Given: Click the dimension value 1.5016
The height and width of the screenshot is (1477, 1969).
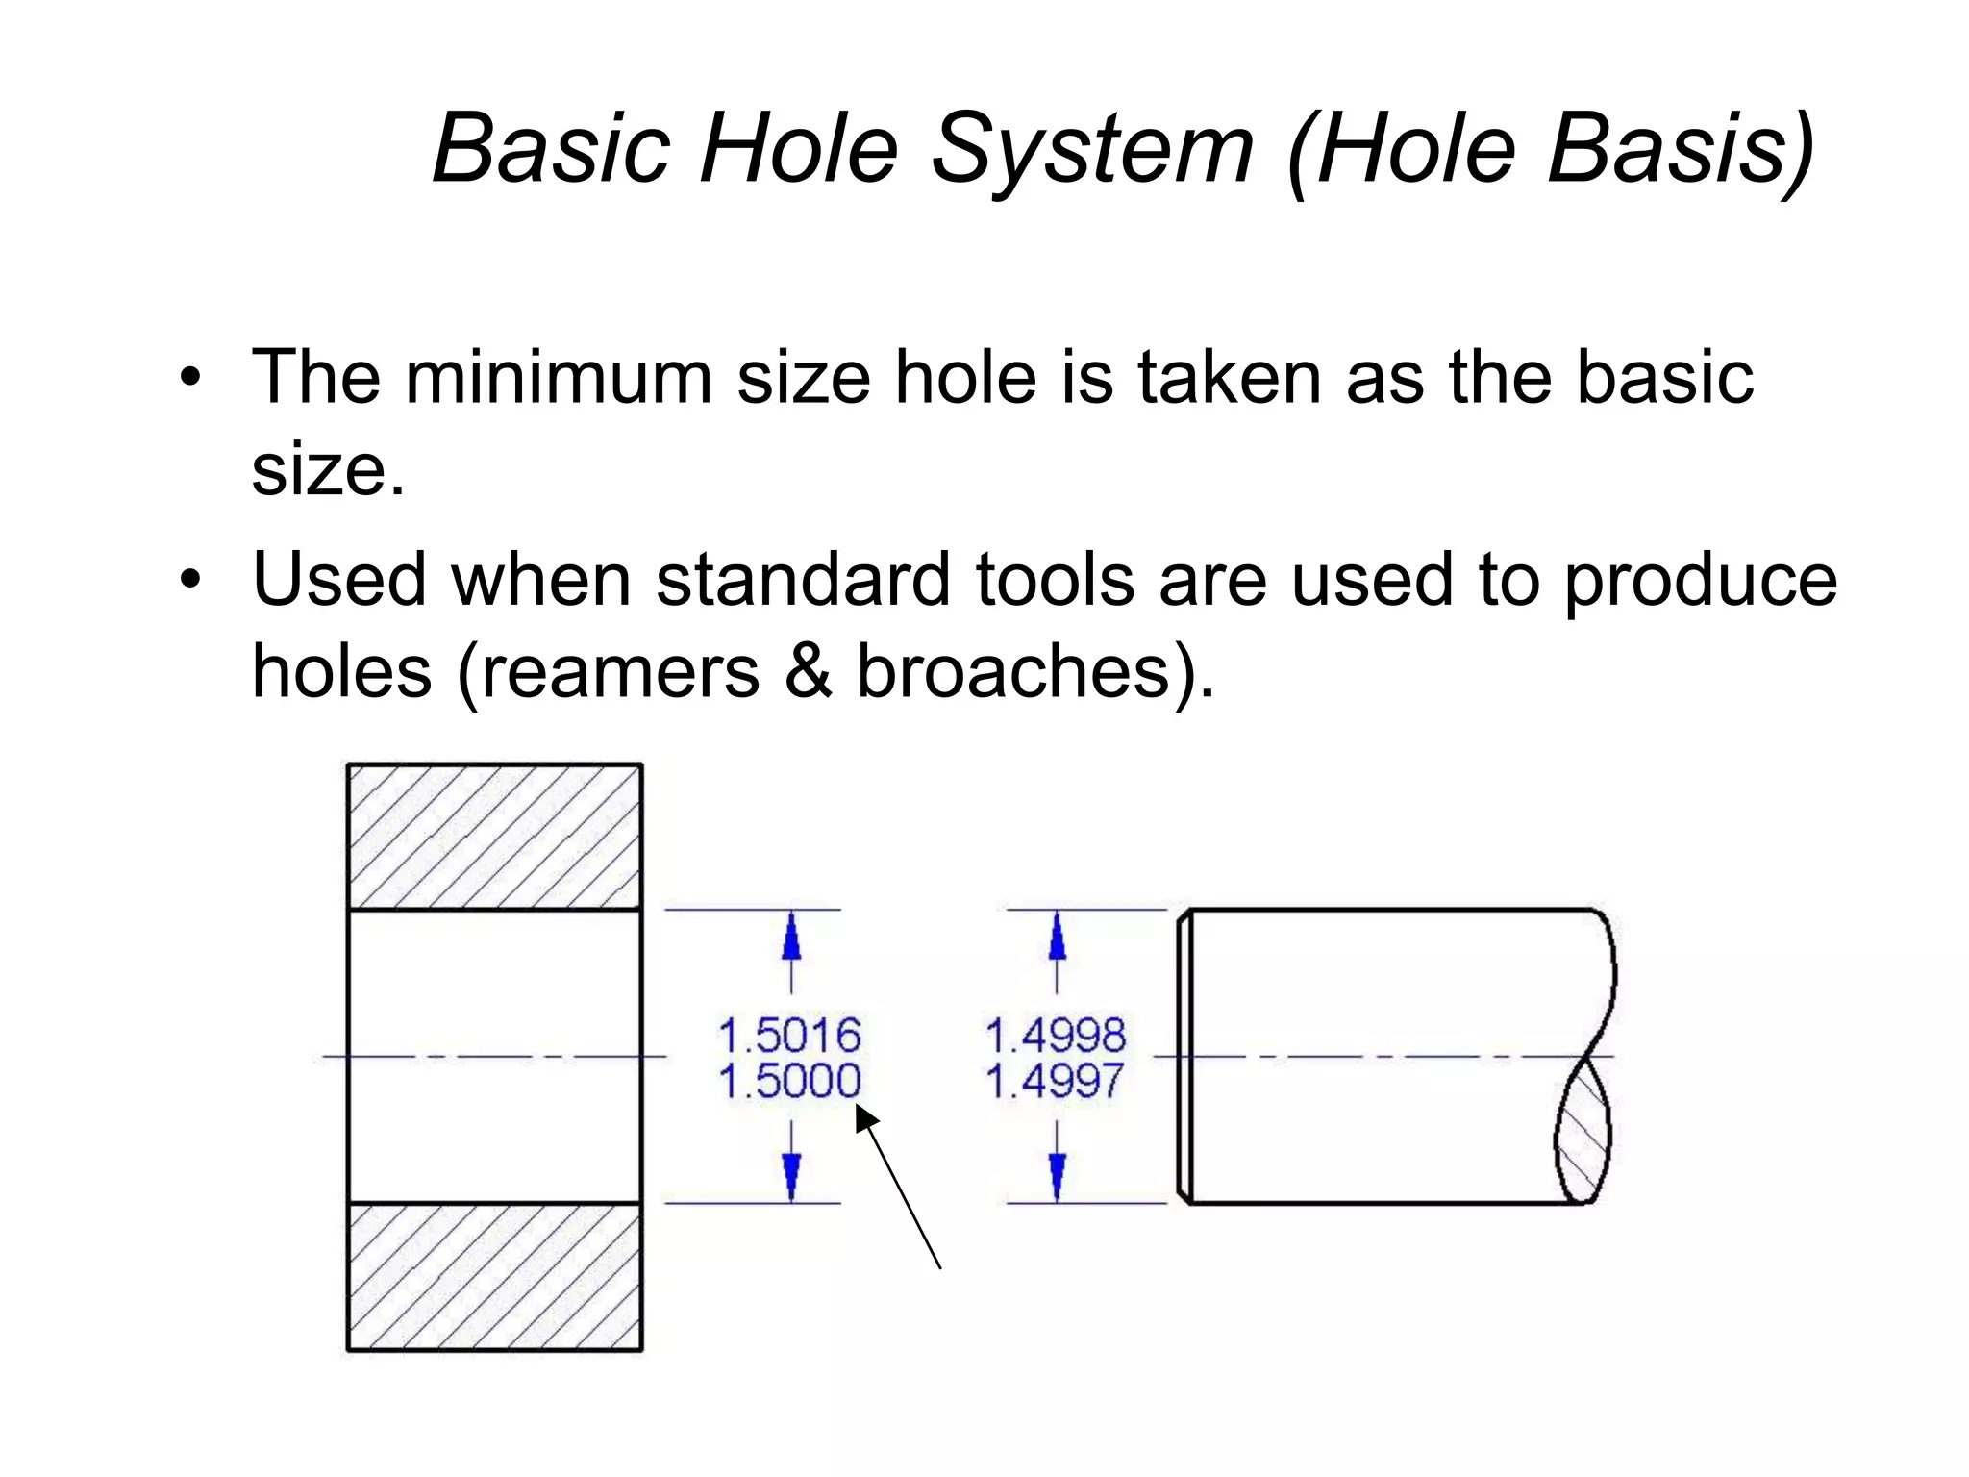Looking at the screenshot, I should coord(789,1036).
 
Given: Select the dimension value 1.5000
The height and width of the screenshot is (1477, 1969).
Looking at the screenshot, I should coord(789,1081).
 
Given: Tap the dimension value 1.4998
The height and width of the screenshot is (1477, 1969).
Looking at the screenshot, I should coord(1056,1036).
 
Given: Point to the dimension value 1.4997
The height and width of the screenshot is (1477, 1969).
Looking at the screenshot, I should coord(1055,1081).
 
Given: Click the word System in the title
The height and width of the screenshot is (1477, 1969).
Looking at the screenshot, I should coord(1093,149).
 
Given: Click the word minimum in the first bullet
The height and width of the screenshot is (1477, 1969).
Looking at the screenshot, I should coord(559,377).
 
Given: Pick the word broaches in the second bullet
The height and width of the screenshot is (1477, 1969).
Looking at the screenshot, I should coord(1012,671).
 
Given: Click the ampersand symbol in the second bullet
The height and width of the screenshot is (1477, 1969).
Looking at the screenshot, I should coord(809,671).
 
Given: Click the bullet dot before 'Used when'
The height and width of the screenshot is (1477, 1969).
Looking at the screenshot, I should coord(191,581).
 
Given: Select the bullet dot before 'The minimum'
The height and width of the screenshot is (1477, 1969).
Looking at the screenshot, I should coord(191,378).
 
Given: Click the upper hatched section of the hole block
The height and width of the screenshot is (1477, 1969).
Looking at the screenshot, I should coord(494,837).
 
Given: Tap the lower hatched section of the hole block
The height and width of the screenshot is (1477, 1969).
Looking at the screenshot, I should coord(494,1277).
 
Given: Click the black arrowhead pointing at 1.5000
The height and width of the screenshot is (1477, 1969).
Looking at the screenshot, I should coord(866,1119).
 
